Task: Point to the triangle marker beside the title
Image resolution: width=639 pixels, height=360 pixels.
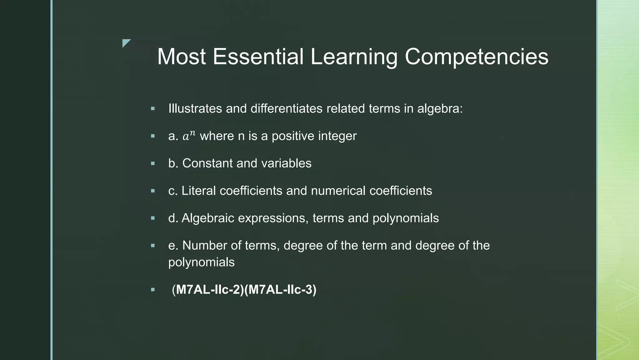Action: [x=125, y=42]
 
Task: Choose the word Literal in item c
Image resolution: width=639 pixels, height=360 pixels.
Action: [x=198, y=191]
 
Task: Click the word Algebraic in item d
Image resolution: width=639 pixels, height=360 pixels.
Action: [x=208, y=218]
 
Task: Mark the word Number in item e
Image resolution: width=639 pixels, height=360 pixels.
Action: [x=205, y=245]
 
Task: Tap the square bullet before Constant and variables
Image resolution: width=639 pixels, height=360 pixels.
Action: [x=153, y=163]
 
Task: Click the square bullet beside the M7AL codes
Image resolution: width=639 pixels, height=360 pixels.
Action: [x=153, y=290]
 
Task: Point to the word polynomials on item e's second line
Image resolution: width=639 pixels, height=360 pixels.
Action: [x=201, y=262]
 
